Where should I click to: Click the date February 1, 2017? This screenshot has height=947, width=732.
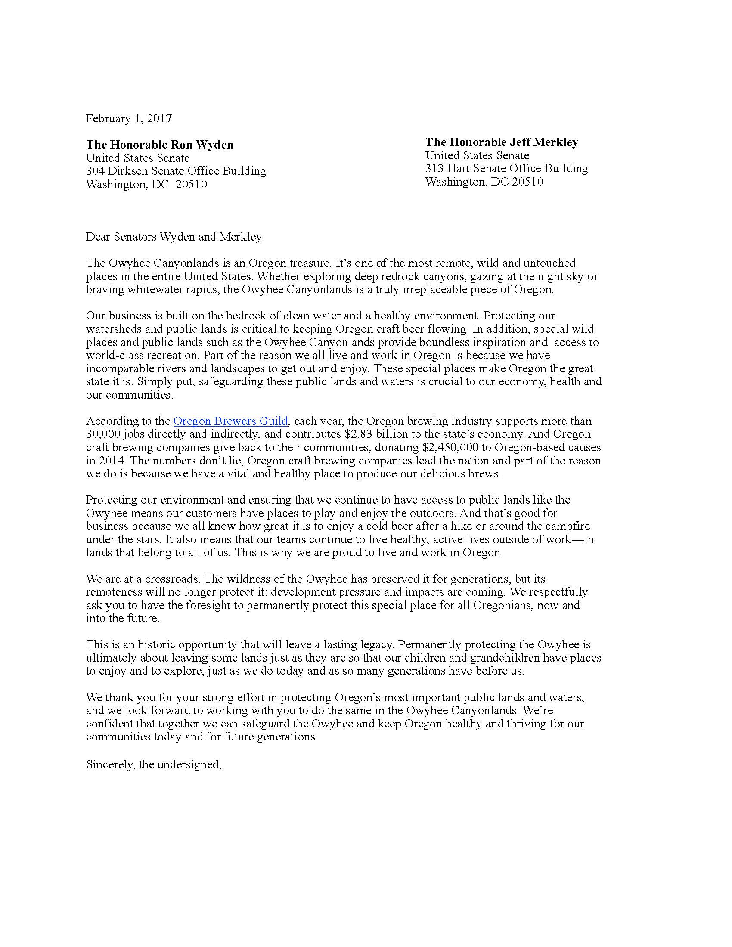(129, 118)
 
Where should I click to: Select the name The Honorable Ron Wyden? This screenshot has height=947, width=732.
(160, 144)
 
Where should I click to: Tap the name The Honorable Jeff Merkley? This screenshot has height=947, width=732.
(501, 142)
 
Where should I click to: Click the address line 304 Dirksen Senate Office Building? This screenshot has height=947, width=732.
(176, 171)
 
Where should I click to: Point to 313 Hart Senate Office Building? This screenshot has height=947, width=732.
(506, 168)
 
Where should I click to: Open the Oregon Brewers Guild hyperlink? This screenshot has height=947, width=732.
(230, 421)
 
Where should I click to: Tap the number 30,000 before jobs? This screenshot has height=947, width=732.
(100, 434)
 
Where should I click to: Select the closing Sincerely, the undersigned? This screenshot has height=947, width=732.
(154, 764)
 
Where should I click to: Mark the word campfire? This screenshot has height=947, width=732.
(569, 526)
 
